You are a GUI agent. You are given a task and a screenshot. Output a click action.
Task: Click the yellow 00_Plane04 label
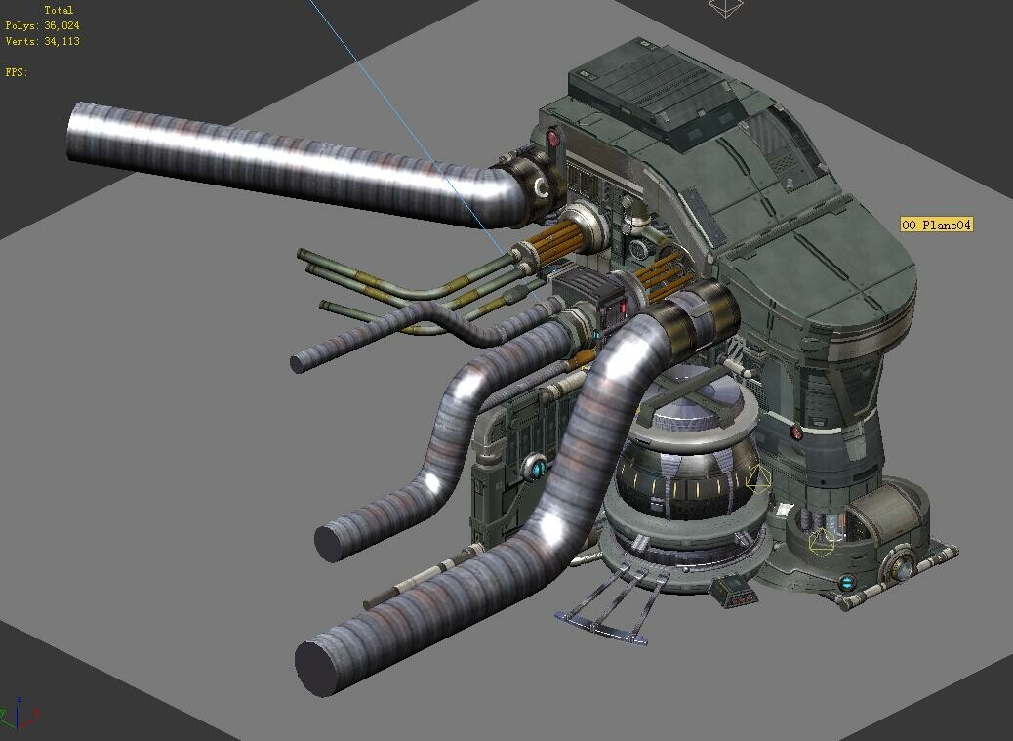(936, 226)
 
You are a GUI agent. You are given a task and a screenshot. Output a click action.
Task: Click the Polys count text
(42, 25)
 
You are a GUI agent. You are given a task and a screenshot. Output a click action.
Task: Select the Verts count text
(42, 41)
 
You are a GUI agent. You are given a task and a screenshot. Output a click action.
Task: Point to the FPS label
(16, 72)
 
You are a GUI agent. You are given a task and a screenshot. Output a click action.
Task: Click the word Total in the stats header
(59, 10)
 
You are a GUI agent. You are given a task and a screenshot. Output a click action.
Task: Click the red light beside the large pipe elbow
(553, 138)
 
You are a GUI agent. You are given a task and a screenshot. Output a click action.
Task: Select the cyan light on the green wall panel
(537, 468)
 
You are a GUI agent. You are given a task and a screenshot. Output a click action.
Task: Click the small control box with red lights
(732, 591)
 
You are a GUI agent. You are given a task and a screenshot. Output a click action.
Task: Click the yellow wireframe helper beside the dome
(758, 478)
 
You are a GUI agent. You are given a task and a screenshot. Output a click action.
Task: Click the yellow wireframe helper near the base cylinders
(823, 542)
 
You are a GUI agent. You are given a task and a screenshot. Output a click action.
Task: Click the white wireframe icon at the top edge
(725, 7)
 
